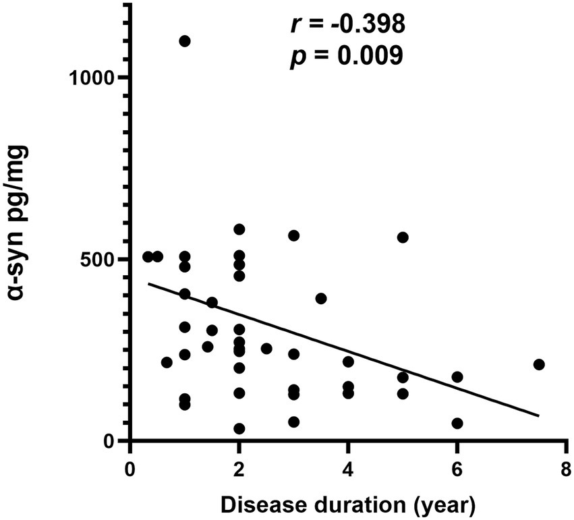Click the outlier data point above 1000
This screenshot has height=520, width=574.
[x=185, y=41]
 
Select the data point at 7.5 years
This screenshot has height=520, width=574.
[x=538, y=365]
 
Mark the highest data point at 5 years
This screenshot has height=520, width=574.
[x=403, y=237]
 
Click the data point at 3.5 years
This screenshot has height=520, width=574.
[x=321, y=298]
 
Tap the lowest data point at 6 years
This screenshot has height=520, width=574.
[x=457, y=424]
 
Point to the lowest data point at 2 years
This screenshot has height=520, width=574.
[x=239, y=429]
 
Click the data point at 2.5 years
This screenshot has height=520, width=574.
[x=266, y=349]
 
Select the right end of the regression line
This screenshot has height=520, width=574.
[x=538, y=415]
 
